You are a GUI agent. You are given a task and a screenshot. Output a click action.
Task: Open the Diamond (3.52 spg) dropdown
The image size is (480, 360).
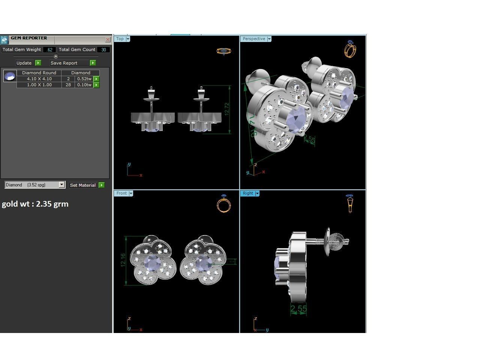[x=62, y=185]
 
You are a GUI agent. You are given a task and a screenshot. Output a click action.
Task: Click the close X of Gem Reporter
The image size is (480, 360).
[x=108, y=39]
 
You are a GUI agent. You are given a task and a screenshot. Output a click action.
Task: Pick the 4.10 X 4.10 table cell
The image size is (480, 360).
[x=39, y=79]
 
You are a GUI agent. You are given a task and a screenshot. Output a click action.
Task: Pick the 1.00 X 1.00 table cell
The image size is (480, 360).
[x=39, y=85]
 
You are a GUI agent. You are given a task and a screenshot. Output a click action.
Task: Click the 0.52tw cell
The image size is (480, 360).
[x=84, y=79]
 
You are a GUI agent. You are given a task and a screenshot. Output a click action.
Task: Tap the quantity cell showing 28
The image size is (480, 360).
[x=68, y=85]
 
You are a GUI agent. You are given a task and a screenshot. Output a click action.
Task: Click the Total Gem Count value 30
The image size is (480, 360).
[x=103, y=49]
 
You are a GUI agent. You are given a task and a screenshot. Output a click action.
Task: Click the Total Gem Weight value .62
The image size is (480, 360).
[x=49, y=49]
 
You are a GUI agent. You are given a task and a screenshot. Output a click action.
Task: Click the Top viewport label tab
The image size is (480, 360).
[x=120, y=39]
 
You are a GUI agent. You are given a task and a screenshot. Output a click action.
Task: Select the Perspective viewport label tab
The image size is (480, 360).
[x=254, y=39]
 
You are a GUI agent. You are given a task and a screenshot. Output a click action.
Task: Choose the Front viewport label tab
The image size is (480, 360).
[x=121, y=193]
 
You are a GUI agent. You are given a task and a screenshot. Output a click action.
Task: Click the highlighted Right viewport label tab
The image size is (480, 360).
[x=248, y=193]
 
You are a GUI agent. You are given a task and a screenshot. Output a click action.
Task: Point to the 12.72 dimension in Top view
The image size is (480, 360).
[x=226, y=109]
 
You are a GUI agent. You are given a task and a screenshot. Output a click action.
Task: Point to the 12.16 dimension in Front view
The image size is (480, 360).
[x=123, y=260]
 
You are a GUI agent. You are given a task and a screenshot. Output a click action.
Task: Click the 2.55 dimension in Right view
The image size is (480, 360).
[x=298, y=309]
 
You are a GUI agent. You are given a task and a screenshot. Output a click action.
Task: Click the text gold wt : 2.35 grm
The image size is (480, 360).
[x=35, y=204]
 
